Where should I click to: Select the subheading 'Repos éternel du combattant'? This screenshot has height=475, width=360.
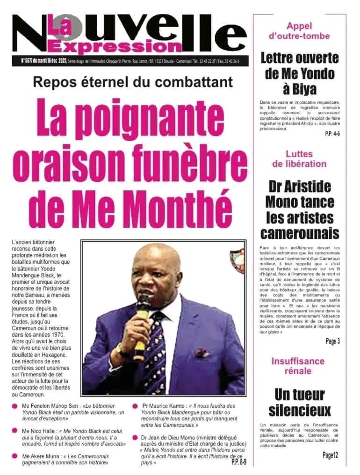click(133, 82)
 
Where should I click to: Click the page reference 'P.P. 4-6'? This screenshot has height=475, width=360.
click(332, 134)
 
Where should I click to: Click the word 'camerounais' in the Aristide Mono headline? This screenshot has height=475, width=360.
click(300, 232)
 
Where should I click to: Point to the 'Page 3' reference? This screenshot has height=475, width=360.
click(332, 341)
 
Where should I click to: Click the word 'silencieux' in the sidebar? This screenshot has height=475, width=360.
click(300, 411)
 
